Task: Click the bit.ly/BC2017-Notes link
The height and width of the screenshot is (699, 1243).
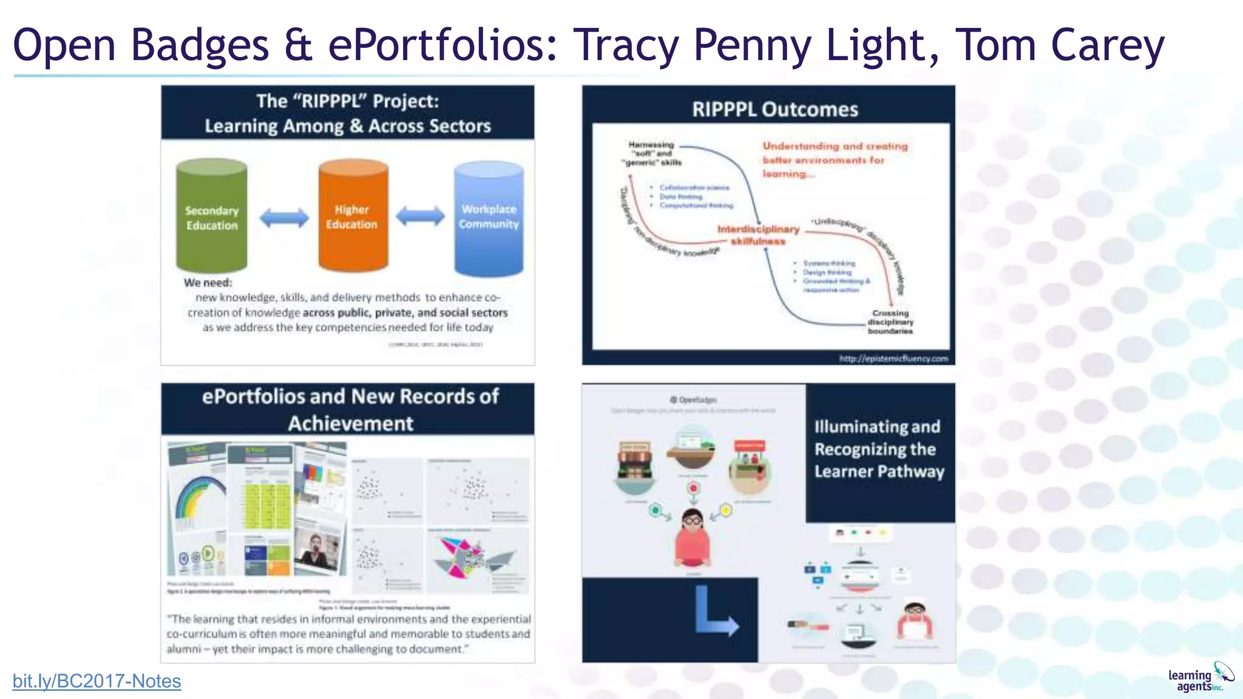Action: (97, 681)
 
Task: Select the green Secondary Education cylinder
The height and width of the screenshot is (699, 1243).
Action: (211, 217)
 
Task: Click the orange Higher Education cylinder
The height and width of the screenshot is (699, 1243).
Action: (353, 216)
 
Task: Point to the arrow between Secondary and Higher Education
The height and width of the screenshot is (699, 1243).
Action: (283, 217)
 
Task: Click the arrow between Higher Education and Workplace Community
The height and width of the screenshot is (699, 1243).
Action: (420, 216)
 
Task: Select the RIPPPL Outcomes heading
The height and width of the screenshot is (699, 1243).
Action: (775, 109)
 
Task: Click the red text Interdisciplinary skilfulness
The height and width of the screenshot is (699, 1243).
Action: (758, 235)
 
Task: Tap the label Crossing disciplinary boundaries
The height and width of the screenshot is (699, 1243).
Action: (890, 322)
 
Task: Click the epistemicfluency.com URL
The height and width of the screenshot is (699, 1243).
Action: (893, 359)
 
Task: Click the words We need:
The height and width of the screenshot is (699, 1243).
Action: (208, 283)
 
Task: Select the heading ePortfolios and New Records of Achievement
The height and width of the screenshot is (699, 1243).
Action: (350, 409)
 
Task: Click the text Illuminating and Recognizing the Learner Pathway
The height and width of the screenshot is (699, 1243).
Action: (878, 449)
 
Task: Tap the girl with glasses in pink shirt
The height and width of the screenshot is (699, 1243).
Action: (693, 537)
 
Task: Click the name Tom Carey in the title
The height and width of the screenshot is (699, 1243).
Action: (1060, 45)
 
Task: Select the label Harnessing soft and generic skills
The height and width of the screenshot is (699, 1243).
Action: (652, 154)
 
